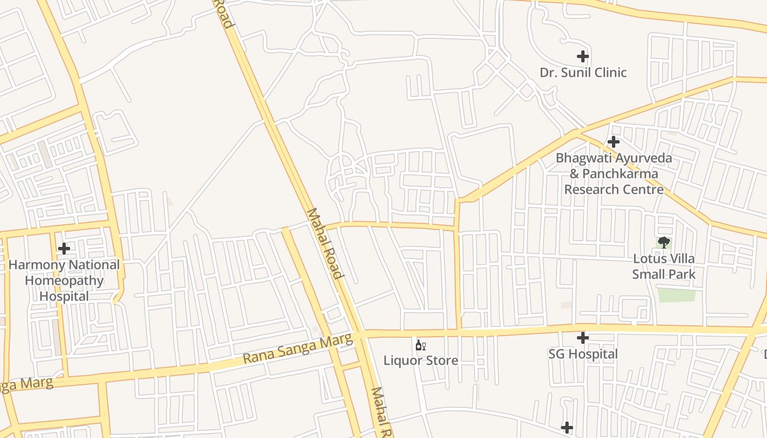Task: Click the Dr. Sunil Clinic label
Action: point(583,73)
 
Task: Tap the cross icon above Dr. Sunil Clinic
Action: point(583,56)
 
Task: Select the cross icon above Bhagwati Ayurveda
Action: point(614,142)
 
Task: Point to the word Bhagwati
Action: point(583,159)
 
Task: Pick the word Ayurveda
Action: point(643,159)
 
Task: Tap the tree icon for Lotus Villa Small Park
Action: point(664,242)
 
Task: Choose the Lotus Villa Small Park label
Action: point(664,266)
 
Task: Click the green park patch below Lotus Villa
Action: point(677,295)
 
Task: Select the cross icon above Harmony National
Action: point(64,249)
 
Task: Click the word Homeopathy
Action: point(64,281)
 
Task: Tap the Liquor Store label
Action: point(421,361)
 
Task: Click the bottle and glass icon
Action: point(421,345)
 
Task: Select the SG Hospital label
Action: point(583,354)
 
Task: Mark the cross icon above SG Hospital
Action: point(583,338)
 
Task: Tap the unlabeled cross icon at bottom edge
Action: point(567,427)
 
